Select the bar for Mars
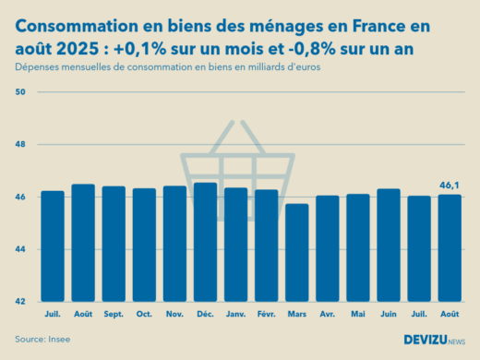296,253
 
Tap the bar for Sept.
114,244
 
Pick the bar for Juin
388,246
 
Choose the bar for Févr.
266,246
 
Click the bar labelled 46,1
449,248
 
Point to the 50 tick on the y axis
21,92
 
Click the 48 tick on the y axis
21,145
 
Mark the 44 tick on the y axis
21,249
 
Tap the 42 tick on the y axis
21,302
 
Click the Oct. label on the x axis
144,313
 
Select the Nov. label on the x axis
174,313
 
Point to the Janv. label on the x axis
235,313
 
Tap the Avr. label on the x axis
327,313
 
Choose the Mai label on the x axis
357,313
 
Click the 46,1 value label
449,186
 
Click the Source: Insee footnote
42,339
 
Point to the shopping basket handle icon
238,138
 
